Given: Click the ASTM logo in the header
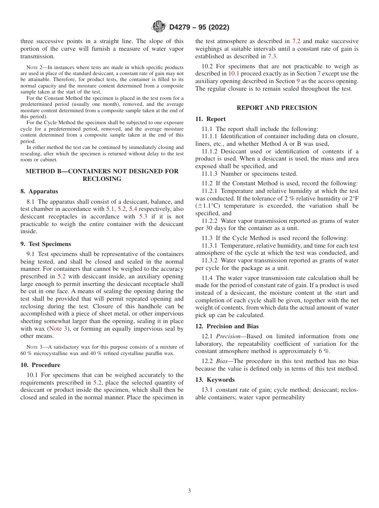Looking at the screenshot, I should [159, 27].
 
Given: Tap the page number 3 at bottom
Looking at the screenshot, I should [189, 491].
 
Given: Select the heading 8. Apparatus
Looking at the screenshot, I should [39, 191].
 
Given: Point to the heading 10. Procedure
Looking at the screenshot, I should [40, 365].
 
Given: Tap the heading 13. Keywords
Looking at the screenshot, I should [215, 380].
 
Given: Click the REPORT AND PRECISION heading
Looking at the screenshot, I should [277, 108].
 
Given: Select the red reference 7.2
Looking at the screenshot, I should [296, 41].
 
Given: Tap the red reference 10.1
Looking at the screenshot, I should [233, 73].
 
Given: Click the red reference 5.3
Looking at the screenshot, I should [144, 216].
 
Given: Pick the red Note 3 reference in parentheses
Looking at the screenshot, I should [55, 328].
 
